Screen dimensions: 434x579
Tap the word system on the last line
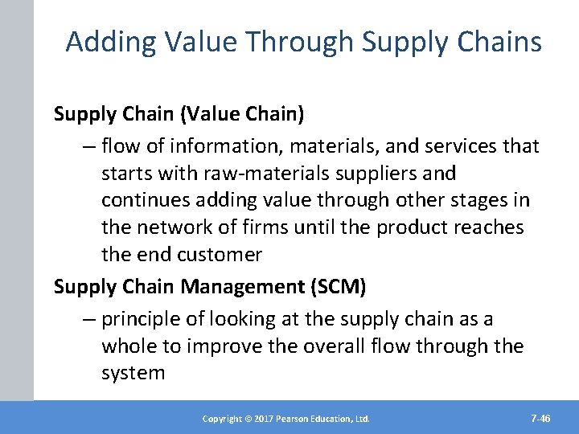133,374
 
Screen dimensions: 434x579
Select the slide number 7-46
540,419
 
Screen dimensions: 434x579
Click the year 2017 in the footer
261,419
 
